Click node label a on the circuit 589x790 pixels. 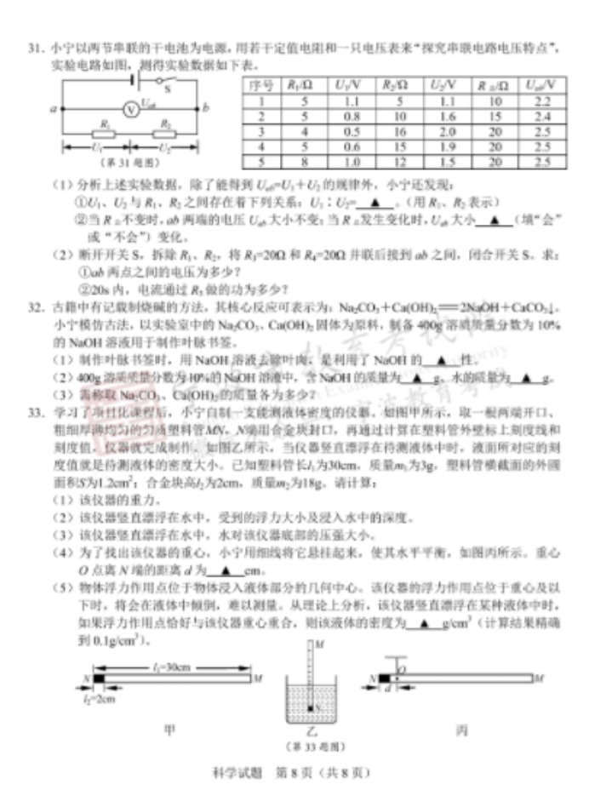point(53,109)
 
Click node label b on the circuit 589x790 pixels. point(206,108)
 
